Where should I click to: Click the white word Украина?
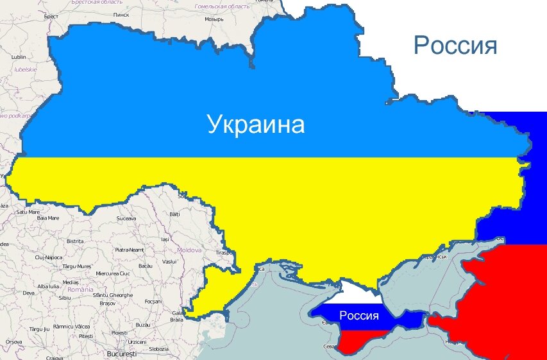point(256,124)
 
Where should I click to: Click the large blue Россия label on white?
point(455,46)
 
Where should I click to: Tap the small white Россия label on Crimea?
point(359,315)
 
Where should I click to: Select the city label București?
point(122,354)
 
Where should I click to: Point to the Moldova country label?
point(189,250)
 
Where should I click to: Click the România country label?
point(81,290)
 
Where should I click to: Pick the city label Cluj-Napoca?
point(49,257)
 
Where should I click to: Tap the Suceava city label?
point(126,219)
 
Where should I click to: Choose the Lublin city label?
point(19,57)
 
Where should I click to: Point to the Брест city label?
point(51,16)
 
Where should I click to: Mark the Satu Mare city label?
point(28,212)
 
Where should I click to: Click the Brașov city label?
point(106,302)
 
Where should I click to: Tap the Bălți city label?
point(174,214)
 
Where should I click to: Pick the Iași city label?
point(165,239)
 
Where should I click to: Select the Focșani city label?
point(153,301)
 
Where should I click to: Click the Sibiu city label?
point(64,298)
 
